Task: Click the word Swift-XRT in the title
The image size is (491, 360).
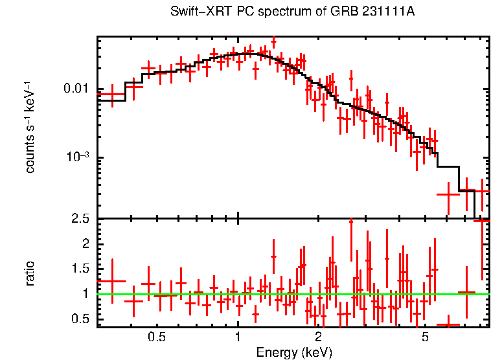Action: pyautogui.click(x=197, y=12)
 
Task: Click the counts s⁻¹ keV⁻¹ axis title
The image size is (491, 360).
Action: pyautogui.click(x=30, y=127)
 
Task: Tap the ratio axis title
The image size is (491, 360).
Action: pyautogui.click(x=30, y=273)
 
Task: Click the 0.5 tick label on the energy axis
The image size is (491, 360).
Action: pyautogui.click(x=156, y=337)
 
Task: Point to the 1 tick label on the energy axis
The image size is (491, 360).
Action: pyautogui.click(x=238, y=337)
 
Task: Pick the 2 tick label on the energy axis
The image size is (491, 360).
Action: pyautogui.click(x=318, y=337)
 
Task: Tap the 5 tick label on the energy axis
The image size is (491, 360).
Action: pyautogui.click(x=425, y=337)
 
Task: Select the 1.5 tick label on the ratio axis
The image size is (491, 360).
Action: pyautogui.click(x=81, y=269)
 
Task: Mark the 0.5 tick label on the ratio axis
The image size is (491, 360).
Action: pyautogui.click(x=81, y=319)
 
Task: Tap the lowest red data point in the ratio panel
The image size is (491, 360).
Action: pyautogui.click(x=448, y=324)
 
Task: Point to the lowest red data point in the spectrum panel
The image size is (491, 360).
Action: pyautogui.click(x=448, y=194)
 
